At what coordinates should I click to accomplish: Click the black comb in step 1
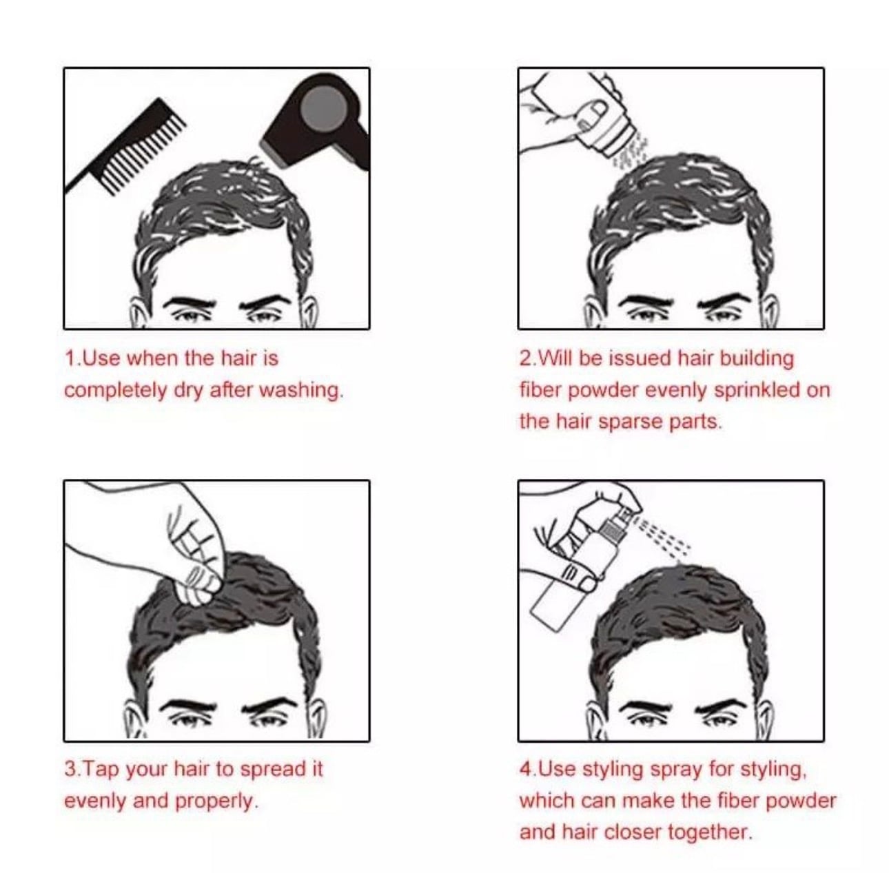point(125,147)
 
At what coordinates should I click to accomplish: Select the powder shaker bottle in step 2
point(604,121)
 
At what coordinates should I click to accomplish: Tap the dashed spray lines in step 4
point(662,537)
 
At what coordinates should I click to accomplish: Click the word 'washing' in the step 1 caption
point(300,391)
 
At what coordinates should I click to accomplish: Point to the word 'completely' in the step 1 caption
point(115,391)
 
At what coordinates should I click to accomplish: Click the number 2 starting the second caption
point(525,359)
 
